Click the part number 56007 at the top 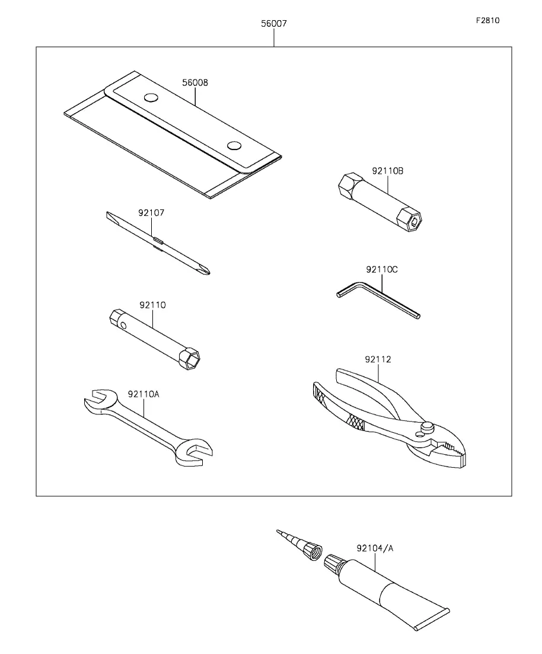pyautogui.click(x=274, y=24)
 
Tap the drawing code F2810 pyautogui.click(x=487, y=20)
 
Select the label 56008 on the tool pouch pyautogui.click(x=195, y=83)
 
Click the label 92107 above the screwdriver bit pyautogui.click(x=151, y=212)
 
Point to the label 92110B pyautogui.click(x=388, y=171)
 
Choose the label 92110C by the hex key pyautogui.click(x=382, y=269)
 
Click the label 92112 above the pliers pyautogui.click(x=378, y=359)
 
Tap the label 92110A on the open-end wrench pyautogui.click(x=144, y=393)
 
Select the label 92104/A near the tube pyautogui.click(x=375, y=548)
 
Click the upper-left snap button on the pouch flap pyautogui.click(x=151, y=97)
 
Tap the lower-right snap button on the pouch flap pyautogui.click(x=234, y=146)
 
